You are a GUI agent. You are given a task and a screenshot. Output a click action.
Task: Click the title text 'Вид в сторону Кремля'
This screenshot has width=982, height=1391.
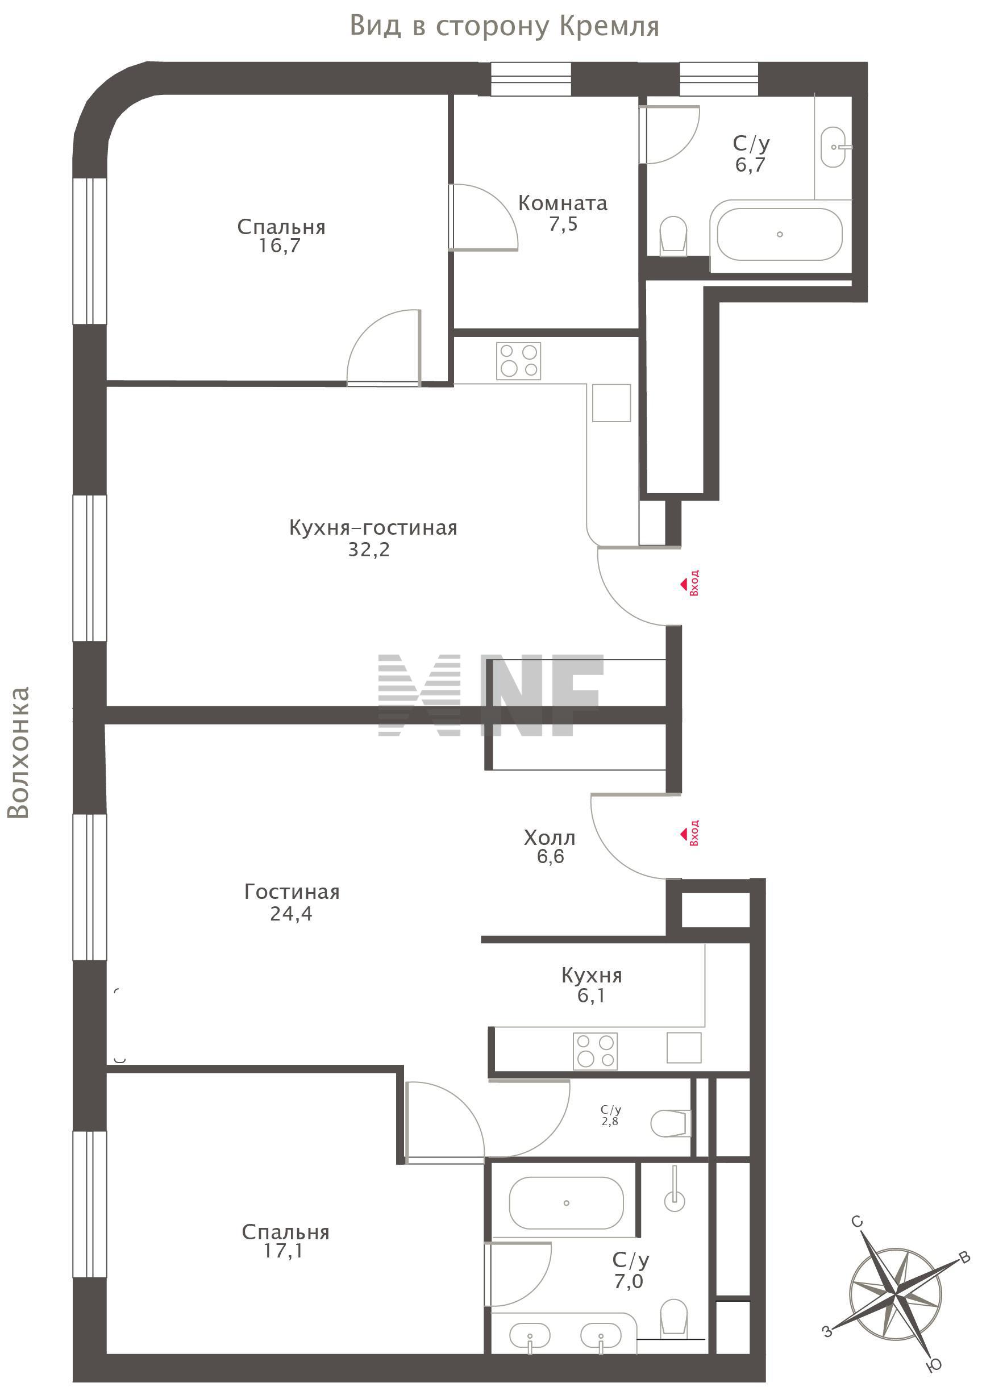505,26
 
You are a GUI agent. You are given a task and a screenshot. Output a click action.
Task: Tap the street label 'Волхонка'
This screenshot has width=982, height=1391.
19,752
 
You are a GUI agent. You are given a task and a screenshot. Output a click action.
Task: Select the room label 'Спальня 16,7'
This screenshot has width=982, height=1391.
281,236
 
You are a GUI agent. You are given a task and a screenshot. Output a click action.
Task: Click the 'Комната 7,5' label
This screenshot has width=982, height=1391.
563,213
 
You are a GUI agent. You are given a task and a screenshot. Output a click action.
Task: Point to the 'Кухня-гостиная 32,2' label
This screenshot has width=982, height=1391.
373,538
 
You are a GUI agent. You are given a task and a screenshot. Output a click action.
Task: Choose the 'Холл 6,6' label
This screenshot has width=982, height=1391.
550,847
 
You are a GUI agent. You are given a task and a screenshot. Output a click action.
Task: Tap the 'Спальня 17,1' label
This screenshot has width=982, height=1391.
285,1242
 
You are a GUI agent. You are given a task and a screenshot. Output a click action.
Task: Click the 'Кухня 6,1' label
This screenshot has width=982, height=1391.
591,985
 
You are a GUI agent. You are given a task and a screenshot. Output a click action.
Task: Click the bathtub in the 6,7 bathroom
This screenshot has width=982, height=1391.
780,234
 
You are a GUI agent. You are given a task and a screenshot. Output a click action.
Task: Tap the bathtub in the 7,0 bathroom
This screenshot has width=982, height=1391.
566,1202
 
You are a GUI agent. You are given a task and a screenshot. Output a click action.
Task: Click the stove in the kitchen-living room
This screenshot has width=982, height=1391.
519,361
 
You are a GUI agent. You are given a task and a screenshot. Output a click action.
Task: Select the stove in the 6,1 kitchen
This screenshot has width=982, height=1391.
596,1051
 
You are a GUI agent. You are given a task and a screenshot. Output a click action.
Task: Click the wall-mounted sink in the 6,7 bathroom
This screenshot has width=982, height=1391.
835,147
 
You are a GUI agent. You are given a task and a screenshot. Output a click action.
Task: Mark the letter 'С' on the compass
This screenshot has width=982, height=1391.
856,1221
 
